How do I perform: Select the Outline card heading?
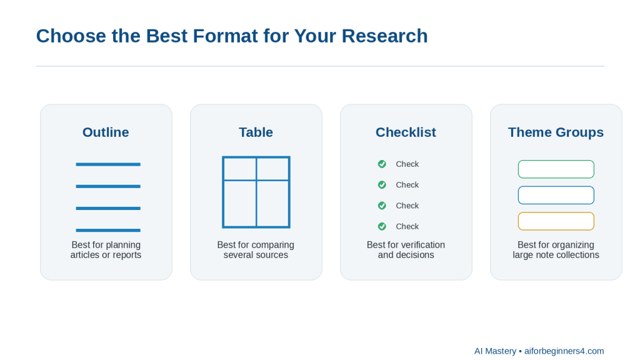pyautogui.click(x=106, y=132)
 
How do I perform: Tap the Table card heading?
pyautogui.click(x=256, y=132)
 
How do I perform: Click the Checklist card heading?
pyautogui.click(x=406, y=132)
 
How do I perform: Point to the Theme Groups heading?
pyautogui.click(x=556, y=132)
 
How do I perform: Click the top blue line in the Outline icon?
pyautogui.click(x=108, y=164)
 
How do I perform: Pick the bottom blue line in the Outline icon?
pyautogui.click(x=108, y=230)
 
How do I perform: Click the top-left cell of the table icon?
pyautogui.click(x=240, y=169)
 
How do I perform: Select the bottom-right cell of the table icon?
pyautogui.click(x=272, y=203)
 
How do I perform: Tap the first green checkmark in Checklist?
pyautogui.click(x=382, y=164)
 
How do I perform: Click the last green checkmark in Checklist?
pyautogui.click(x=382, y=226)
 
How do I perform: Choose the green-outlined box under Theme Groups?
pyautogui.click(x=556, y=161)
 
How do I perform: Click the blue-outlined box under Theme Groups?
pyautogui.click(x=556, y=186)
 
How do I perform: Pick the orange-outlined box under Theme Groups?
pyautogui.click(x=556, y=212)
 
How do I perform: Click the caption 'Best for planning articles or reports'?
pyautogui.click(x=106, y=250)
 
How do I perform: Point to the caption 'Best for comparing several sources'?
pyautogui.click(x=256, y=250)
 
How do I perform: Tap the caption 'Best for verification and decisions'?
pyautogui.click(x=406, y=250)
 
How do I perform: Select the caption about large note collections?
pyautogui.click(x=556, y=250)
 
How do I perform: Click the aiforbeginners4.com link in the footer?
pyautogui.click(x=564, y=351)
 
